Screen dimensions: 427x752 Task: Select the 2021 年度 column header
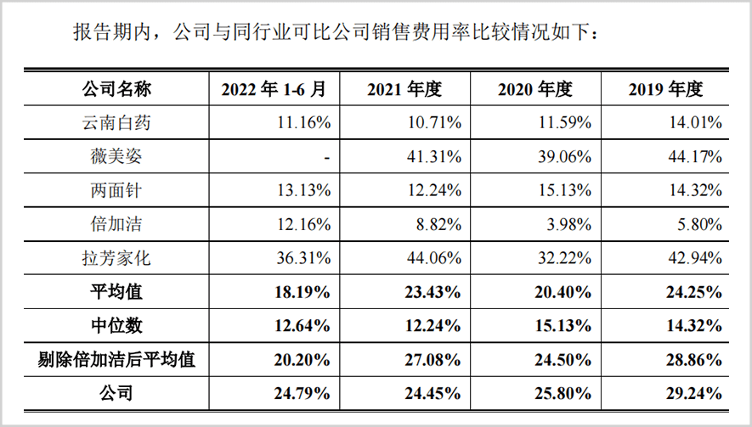point(404,89)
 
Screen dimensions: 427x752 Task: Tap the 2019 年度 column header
point(665,89)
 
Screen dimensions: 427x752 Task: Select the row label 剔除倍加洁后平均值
point(116,359)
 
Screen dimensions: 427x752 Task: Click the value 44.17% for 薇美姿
point(697,157)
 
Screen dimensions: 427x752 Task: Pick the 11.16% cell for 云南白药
point(303,123)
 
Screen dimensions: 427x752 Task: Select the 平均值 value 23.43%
point(433,292)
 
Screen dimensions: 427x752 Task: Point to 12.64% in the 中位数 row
point(303,326)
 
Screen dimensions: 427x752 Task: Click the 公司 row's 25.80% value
point(564,393)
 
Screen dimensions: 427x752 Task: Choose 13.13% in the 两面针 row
point(303,191)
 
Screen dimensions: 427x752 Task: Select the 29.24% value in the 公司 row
point(697,393)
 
